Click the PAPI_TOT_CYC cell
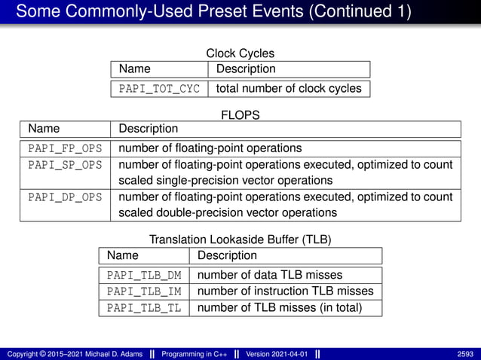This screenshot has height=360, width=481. (x=159, y=89)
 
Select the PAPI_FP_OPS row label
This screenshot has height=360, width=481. (x=65, y=148)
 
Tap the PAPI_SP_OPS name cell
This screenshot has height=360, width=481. (x=65, y=164)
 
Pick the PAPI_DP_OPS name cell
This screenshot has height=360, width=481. (x=65, y=197)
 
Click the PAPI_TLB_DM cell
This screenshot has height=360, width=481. (x=144, y=275)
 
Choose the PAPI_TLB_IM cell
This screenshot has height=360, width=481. (x=144, y=291)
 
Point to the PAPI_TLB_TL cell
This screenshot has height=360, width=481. (x=144, y=307)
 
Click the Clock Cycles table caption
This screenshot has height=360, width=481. (x=240, y=53)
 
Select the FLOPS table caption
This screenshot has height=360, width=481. (x=240, y=115)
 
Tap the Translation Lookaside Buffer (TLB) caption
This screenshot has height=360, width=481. (x=240, y=239)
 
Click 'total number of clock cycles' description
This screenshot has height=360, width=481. (x=289, y=89)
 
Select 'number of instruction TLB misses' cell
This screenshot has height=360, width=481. (x=285, y=291)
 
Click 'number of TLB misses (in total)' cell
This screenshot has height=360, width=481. (x=280, y=307)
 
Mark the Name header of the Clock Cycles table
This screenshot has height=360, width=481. (x=134, y=69)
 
